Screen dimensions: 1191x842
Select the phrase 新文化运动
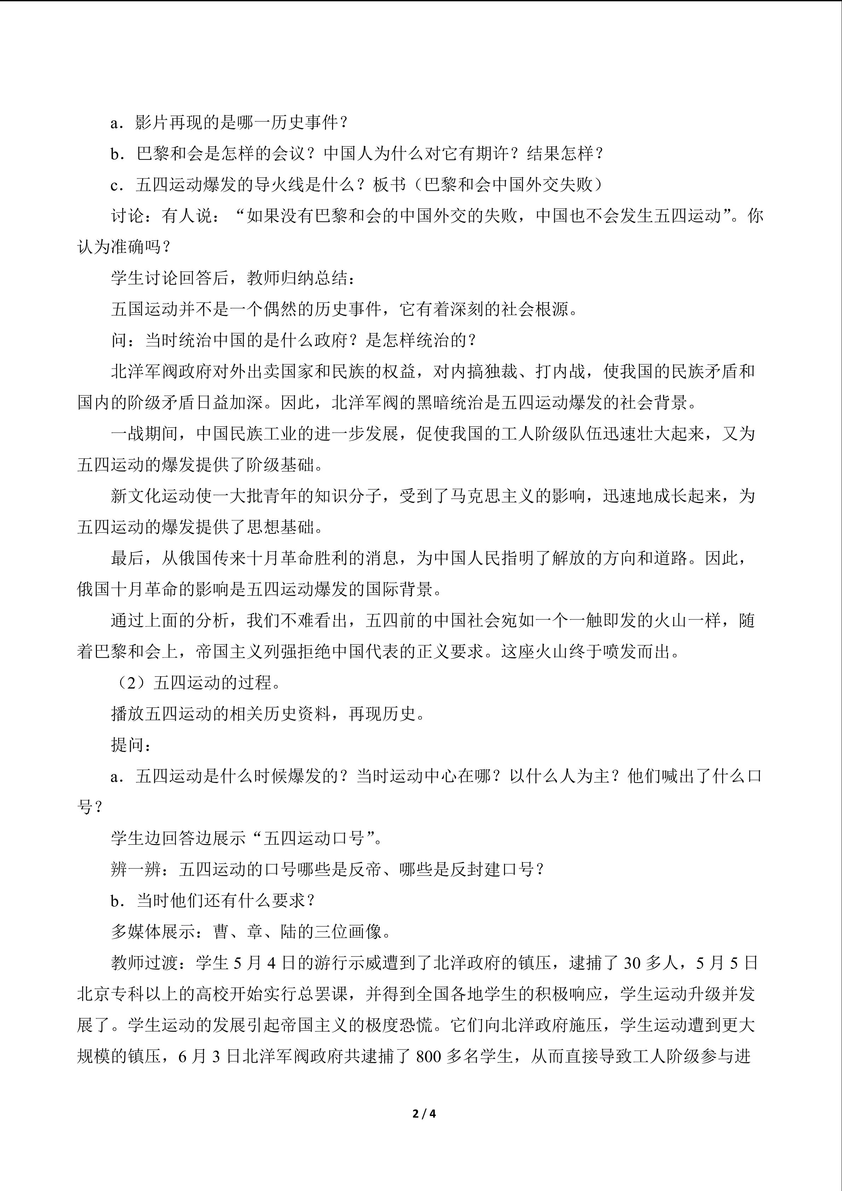coord(153,496)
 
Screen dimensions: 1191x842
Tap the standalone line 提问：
coord(132,745)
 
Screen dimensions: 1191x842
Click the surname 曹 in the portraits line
coord(221,932)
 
